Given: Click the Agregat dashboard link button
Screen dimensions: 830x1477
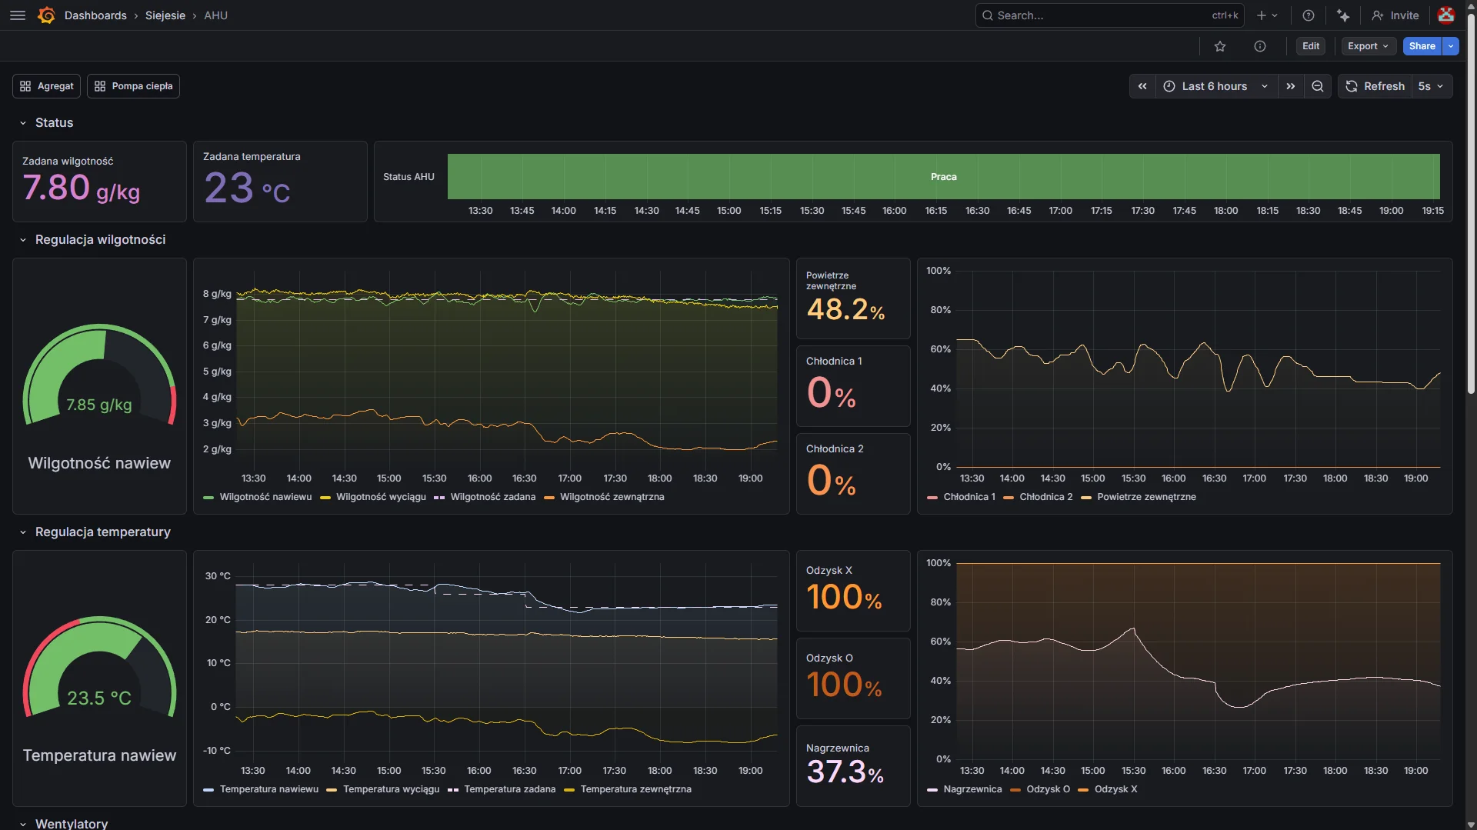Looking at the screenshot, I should (47, 86).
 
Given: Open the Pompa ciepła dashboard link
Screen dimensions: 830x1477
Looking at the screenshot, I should (133, 86).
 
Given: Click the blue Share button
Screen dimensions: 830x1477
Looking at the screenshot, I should (1422, 46).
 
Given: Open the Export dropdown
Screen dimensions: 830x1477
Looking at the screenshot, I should (1368, 46).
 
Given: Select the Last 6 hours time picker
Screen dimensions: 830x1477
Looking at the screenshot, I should (1215, 86).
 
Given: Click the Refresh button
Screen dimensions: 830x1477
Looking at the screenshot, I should (1375, 86).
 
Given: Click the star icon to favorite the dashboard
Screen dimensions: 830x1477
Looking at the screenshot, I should (1220, 46).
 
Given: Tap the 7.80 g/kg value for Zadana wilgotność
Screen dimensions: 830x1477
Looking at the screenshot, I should (81, 188).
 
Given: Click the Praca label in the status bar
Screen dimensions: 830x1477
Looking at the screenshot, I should (943, 177).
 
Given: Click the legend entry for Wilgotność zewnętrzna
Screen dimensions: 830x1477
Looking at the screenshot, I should (612, 497).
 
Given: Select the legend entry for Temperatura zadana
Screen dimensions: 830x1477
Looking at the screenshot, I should (509, 789).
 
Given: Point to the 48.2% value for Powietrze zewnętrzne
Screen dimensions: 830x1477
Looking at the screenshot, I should (845, 310).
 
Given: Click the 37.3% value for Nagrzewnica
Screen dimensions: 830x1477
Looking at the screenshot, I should (845, 772).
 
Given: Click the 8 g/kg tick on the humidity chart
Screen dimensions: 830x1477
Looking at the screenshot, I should (217, 294).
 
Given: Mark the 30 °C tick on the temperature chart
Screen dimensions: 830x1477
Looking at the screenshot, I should (218, 576).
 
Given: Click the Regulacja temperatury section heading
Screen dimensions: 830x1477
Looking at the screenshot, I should (102, 532).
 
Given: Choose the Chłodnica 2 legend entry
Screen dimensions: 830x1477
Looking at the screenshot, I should (1045, 497).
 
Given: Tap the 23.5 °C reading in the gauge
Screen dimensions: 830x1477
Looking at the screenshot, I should (99, 698).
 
